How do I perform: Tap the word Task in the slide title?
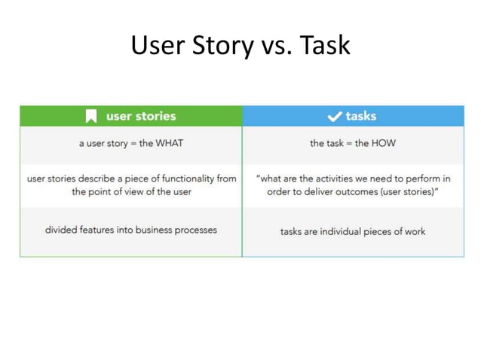[x=326, y=46]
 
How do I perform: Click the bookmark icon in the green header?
[x=91, y=116]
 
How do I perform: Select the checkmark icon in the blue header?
[x=334, y=116]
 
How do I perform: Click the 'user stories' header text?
[x=141, y=116]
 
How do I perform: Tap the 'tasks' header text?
[x=361, y=116]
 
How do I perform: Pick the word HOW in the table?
[x=383, y=143]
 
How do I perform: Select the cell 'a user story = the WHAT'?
[x=131, y=143]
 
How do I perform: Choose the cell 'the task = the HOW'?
[x=353, y=143]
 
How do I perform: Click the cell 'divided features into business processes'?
[x=131, y=230]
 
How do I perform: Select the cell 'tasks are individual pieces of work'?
[x=353, y=230]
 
